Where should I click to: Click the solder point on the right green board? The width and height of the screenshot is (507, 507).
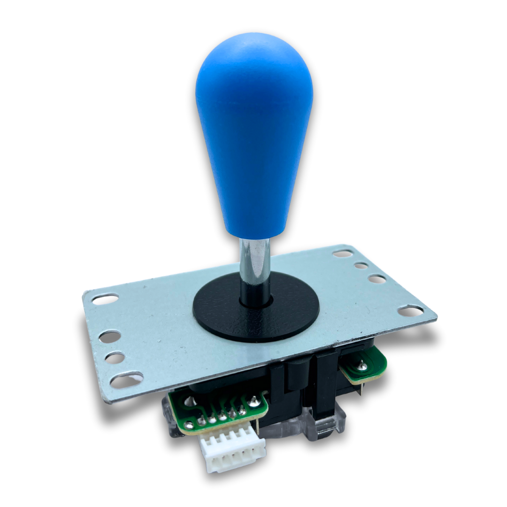click(x=362, y=363)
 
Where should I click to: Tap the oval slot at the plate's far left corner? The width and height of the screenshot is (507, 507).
click(x=105, y=299)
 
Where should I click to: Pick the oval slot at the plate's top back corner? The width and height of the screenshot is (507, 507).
click(x=343, y=253)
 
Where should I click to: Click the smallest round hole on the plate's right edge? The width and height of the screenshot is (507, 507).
click(x=361, y=265)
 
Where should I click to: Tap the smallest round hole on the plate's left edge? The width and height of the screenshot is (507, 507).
click(x=115, y=358)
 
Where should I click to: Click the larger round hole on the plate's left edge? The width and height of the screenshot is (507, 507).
click(x=109, y=336)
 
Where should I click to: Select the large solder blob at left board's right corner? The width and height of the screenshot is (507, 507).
click(x=254, y=401)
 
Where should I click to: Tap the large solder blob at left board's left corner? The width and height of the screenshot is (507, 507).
click(x=189, y=425)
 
